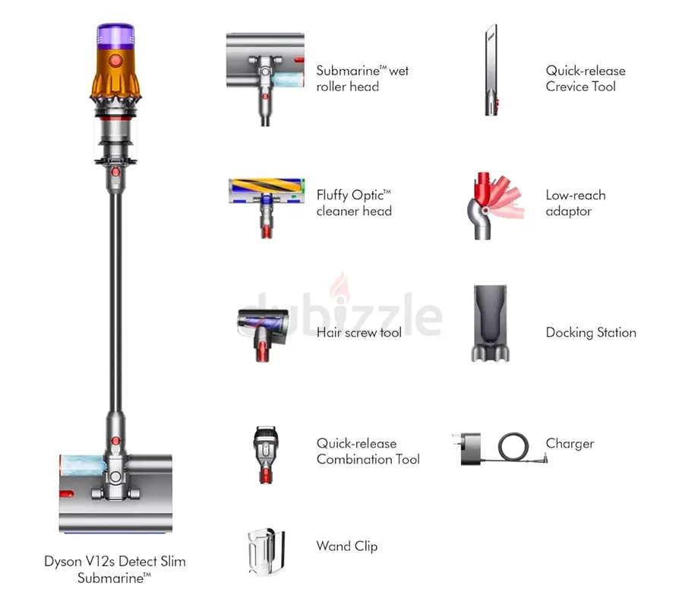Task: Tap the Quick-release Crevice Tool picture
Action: click(491, 70)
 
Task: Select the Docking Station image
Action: click(490, 323)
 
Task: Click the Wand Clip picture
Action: click(266, 553)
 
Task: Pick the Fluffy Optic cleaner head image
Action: click(267, 207)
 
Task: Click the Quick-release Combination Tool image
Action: click(265, 454)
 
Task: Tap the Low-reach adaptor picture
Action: click(494, 205)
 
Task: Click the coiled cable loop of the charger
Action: click(513, 447)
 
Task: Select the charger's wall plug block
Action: click(470, 448)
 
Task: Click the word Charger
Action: click(570, 444)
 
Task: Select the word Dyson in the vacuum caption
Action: click(62, 562)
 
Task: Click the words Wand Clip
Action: click(347, 546)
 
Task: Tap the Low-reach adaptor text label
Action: click(576, 203)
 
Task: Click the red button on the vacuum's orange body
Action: click(115, 61)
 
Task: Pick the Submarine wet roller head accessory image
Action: click(265, 79)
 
